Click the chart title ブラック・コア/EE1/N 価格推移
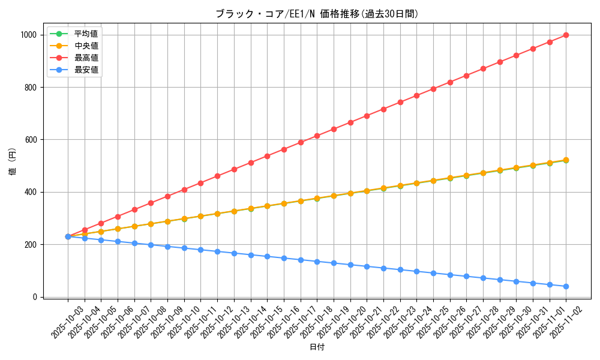317,14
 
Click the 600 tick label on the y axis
32,140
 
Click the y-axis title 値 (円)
13,163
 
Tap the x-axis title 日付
317,347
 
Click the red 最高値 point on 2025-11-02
566,35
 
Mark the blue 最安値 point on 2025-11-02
566,286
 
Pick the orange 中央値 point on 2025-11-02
566,160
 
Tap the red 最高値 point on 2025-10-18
317,136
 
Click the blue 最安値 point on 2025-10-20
350,264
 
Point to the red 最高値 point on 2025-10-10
184,190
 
